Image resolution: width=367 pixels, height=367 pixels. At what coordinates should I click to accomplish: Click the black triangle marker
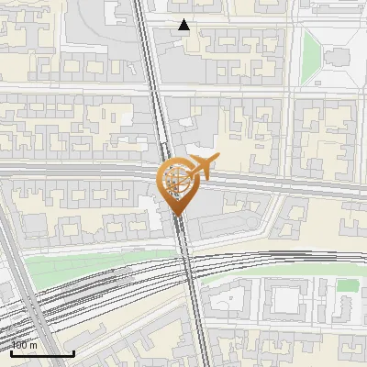tap(184, 25)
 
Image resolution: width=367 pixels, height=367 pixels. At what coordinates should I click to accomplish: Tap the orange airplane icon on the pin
tap(203, 165)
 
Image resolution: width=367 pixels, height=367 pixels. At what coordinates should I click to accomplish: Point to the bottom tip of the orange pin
tap(176, 215)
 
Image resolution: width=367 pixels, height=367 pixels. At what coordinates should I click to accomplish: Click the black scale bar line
tap(42, 352)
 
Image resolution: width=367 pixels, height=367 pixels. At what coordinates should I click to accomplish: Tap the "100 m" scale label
tap(25, 345)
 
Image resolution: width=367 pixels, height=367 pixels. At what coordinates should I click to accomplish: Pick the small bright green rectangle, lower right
tap(347, 285)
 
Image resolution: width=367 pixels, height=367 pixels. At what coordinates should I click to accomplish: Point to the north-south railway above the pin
tap(150, 83)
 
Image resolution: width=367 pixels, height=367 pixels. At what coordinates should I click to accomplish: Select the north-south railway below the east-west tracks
tap(197, 321)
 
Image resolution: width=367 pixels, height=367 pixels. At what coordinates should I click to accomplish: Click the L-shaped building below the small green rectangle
tap(350, 312)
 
